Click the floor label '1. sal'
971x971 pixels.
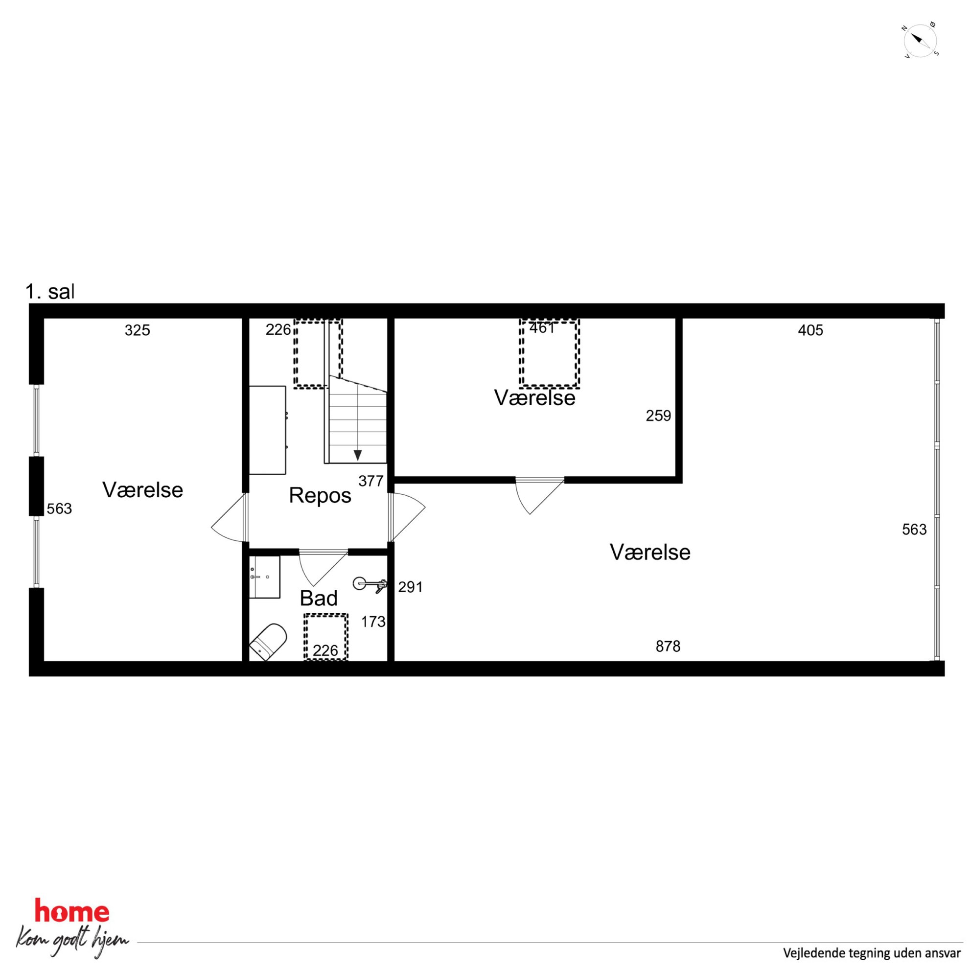click(50, 292)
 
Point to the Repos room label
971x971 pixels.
click(320, 496)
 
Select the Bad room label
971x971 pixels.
click(319, 599)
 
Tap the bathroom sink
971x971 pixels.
click(264, 577)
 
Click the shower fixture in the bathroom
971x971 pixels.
click(370, 584)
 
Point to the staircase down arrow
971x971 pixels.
click(357, 455)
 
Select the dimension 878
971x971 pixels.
click(668, 647)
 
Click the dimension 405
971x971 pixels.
click(810, 330)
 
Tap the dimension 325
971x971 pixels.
click(137, 330)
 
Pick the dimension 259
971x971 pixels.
click(658, 416)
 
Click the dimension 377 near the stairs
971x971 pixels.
click(371, 482)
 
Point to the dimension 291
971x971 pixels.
click(411, 587)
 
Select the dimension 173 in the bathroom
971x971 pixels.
click(373, 622)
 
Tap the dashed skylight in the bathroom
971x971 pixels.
click(325, 637)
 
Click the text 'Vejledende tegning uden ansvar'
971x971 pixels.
click(872, 953)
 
